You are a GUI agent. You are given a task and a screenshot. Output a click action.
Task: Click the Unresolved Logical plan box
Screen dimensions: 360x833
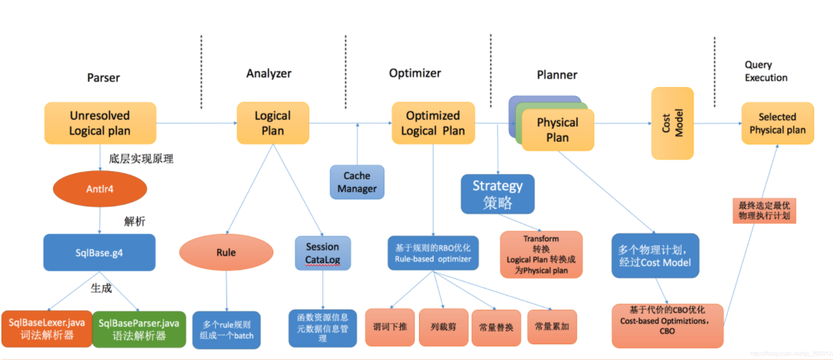100,123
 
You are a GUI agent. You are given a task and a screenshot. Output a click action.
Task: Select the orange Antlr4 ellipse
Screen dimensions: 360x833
100,188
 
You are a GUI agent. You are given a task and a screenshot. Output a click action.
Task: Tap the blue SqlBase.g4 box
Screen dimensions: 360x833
100,252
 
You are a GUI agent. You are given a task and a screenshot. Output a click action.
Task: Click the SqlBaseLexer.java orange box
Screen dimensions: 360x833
46,329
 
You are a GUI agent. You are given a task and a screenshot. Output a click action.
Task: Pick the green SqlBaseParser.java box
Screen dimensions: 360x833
139,329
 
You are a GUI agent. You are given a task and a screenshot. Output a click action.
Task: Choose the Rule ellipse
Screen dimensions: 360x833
226,253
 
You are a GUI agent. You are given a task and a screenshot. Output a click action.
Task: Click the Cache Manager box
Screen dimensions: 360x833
357,182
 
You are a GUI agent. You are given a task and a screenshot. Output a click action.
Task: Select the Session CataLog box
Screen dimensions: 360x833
322,253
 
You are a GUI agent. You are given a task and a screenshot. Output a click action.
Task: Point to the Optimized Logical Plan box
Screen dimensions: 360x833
433,123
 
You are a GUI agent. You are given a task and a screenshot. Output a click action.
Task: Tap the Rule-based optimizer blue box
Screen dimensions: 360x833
433,253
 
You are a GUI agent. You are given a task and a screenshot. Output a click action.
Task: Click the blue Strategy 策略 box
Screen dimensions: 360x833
497,194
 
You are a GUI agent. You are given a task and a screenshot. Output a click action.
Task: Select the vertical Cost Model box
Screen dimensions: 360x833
672,123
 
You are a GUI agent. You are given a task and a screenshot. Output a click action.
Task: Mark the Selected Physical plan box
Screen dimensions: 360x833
777,124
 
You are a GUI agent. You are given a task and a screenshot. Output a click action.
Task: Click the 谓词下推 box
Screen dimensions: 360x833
390,327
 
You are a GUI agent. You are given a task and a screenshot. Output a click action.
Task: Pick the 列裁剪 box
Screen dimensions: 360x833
443,327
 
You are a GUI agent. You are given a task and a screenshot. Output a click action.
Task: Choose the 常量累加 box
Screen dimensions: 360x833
551,326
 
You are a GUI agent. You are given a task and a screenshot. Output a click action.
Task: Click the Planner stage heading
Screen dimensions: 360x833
556,75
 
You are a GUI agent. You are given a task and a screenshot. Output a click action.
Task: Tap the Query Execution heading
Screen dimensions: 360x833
766,71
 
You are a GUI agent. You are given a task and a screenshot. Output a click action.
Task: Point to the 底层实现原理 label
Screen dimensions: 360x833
141,159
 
